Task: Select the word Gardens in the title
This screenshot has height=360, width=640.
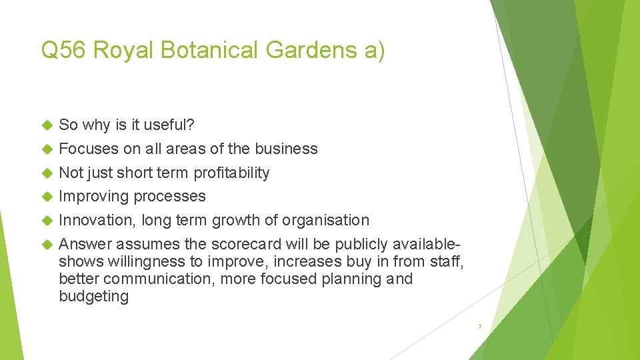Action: pyautogui.click(x=312, y=51)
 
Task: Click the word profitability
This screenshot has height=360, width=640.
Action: pyautogui.click(x=231, y=173)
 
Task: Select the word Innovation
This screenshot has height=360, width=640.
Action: pyautogui.click(x=97, y=220)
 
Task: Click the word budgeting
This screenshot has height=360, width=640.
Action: pyautogui.click(x=93, y=296)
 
